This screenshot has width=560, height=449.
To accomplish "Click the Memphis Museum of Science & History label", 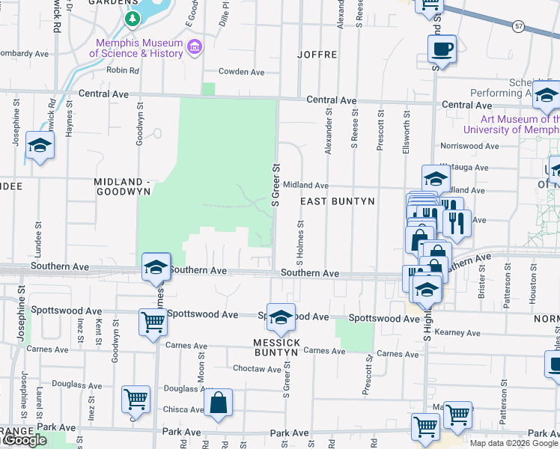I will point(136,47).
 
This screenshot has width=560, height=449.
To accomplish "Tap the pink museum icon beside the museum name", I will point(195,47).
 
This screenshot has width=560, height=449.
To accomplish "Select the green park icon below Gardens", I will point(133,18).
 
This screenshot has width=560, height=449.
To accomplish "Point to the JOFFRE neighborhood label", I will point(317,55).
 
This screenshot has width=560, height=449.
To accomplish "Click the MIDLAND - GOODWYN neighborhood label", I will point(123,186).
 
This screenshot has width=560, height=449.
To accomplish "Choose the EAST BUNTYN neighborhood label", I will point(338,202).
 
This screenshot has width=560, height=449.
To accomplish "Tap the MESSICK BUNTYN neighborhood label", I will point(276,347).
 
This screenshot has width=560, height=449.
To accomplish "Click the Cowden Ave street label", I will point(242,73).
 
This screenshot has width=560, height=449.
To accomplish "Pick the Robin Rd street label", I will point(124,71).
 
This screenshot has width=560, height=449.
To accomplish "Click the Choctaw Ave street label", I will point(257,369).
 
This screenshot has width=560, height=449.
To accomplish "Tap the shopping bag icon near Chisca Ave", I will point(217,403).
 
